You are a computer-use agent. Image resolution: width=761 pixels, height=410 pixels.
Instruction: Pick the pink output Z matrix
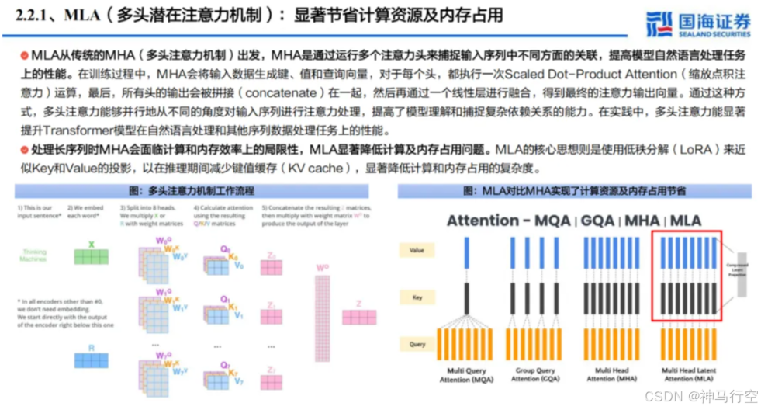358,316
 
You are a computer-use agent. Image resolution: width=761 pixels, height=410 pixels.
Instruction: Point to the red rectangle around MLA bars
687,275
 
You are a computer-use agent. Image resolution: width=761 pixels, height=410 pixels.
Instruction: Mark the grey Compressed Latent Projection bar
742,275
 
